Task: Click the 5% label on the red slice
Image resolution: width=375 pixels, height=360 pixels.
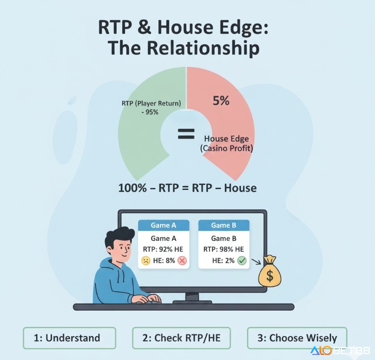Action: point(221,101)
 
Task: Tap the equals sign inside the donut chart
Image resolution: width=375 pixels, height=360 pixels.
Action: point(186,134)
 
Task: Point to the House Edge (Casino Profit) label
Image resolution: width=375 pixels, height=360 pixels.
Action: point(228,143)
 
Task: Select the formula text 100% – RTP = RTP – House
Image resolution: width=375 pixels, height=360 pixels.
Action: point(187,188)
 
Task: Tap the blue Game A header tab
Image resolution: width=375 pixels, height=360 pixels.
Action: point(164,225)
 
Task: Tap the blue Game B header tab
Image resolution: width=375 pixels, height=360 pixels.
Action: point(223,225)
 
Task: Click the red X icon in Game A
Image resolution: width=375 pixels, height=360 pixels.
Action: point(182,261)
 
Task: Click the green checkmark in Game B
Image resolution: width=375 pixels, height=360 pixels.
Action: point(242,261)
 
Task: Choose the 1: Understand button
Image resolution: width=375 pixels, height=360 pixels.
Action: point(70,338)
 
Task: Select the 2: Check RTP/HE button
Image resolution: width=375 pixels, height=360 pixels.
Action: point(181,338)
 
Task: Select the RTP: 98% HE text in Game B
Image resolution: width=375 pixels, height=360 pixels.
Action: point(223,250)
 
